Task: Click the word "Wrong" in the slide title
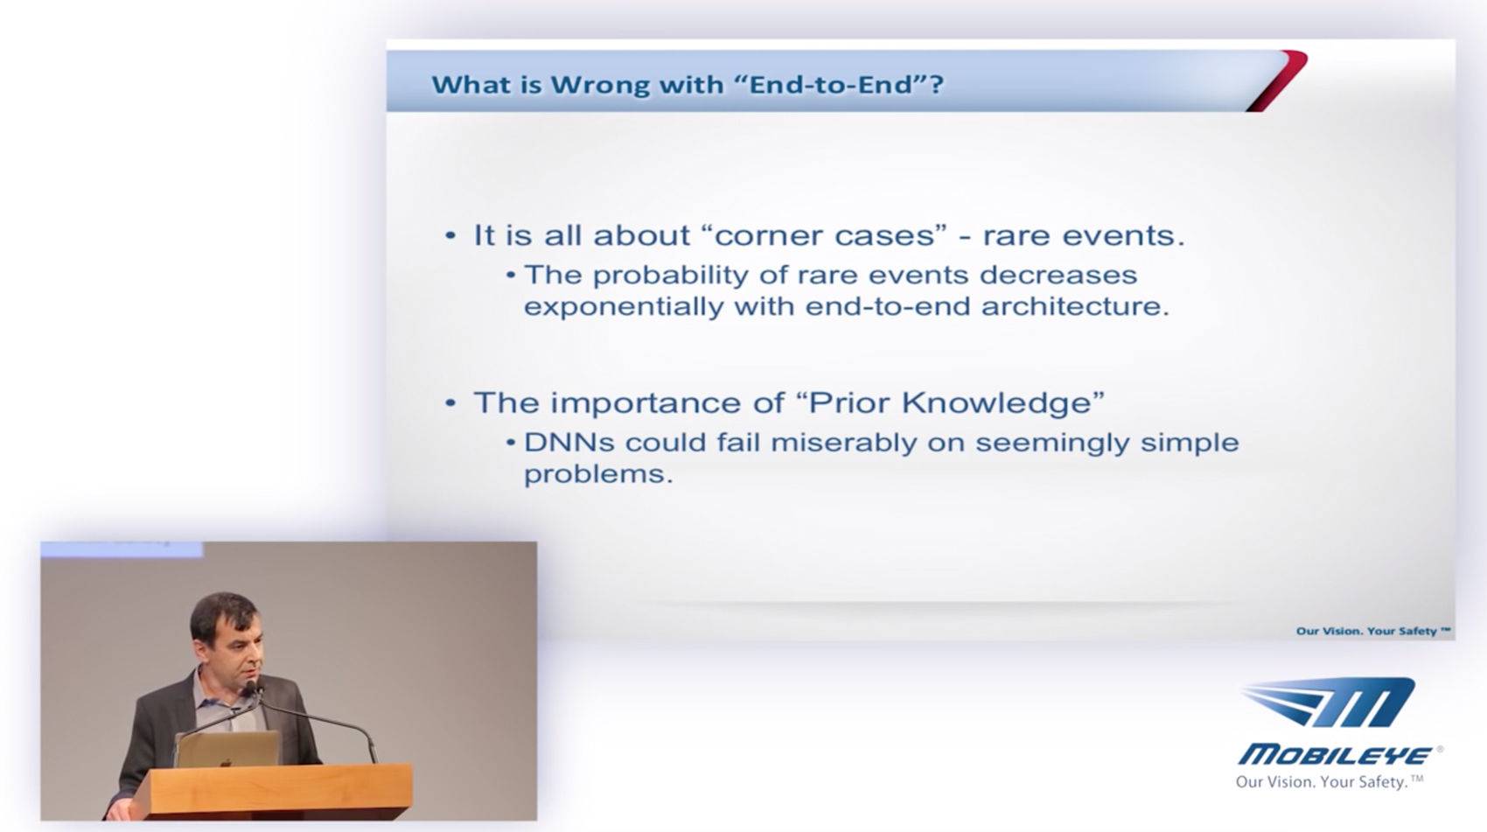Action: (x=599, y=85)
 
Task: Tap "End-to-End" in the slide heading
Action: (x=835, y=84)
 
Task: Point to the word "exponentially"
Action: (x=624, y=307)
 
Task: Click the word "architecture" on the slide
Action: (x=1071, y=306)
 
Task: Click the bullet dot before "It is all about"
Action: (x=450, y=235)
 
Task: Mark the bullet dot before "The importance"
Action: (x=450, y=403)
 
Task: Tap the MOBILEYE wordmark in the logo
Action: (x=1335, y=755)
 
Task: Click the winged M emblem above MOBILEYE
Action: (x=1329, y=703)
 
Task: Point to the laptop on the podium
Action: (x=227, y=750)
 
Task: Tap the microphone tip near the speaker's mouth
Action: (x=250, y=689)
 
